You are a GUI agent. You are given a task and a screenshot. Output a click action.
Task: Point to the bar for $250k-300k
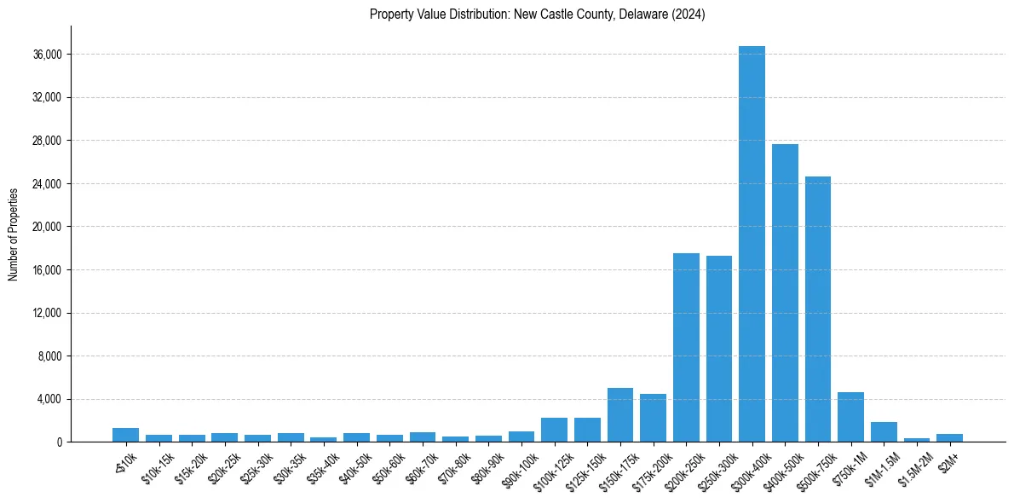[719, 349]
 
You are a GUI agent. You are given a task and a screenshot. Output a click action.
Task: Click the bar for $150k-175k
[620, 415]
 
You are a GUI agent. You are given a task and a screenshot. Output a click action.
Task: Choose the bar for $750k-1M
[850, 417]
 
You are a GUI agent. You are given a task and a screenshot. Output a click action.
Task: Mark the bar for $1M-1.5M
[884, 432]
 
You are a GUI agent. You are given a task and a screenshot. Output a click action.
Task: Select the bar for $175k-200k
[653, 418]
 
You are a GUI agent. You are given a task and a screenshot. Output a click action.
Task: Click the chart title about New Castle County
[538, 14]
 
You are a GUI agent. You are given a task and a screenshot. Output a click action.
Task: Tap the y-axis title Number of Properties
[14, 234]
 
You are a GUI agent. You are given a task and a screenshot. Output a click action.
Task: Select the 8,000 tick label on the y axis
[50, 356]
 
